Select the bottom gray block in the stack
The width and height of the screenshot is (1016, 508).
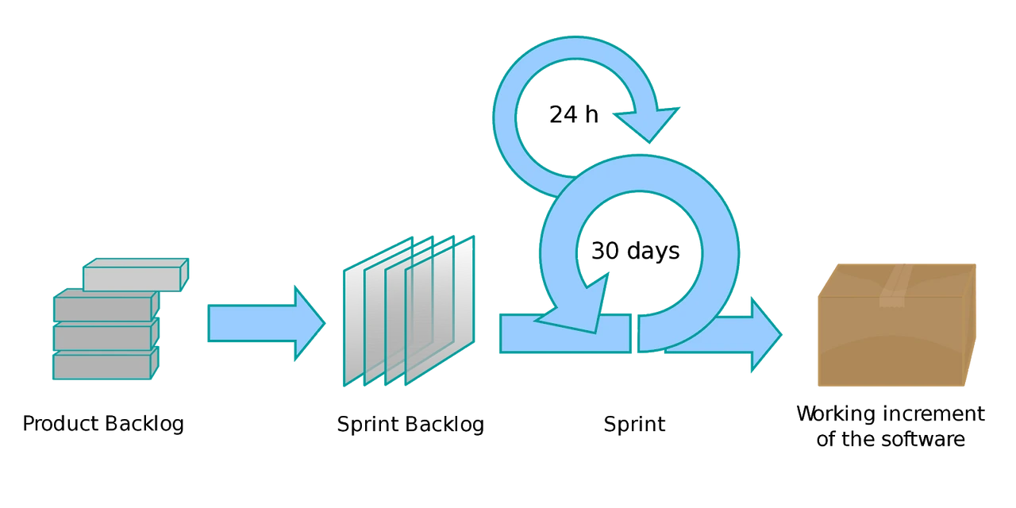coord(102,365)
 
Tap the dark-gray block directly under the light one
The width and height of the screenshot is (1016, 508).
coord(102,307)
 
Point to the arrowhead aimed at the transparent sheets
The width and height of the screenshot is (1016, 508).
coord(310,324)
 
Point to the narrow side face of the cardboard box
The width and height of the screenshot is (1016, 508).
coord(970,333)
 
